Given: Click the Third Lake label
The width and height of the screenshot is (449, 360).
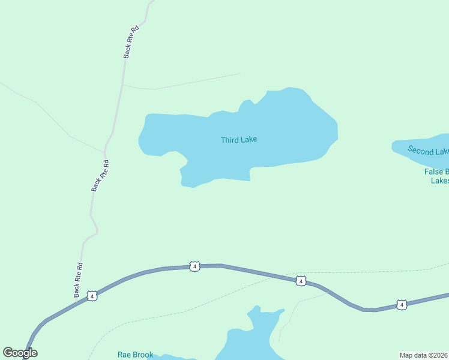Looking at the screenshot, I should [239, 140].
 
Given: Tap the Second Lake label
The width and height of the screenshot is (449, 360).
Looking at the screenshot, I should [428, 151].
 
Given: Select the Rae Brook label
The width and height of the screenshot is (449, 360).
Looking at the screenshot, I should [135, 355].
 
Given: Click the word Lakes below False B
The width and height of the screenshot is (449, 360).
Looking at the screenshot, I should [440, 181].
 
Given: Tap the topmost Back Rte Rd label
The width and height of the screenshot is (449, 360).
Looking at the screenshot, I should [131, 41].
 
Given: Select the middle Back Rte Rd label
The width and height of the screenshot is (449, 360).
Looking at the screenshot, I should [100, 175].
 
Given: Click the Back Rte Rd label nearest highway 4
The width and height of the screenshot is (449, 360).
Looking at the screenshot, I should [78, 280].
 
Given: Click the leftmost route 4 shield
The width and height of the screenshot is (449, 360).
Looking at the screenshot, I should [91, 296].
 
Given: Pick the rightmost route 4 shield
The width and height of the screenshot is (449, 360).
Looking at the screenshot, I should [402, 305].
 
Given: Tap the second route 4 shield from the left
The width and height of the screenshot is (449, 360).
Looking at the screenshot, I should [194, 266].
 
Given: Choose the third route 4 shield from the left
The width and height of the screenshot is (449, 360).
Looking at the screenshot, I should [301, 281].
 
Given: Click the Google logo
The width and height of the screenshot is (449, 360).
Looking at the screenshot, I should [20, 353].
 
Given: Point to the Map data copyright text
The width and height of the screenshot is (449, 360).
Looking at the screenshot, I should [424, 355].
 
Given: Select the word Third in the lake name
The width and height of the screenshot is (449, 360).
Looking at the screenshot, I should [229, 140].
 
